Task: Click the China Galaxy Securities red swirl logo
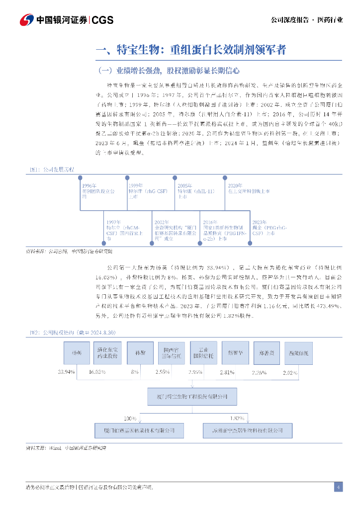pyautogui.click(x=26, y=20)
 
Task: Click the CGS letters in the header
pyautogui.click(x=102, y=20)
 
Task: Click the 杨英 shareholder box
pyautogui.click(x=77, y=352)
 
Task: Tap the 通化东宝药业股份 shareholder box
pyautogui.click(x=107, y=352)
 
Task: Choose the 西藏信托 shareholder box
pyautogui.click(x=298, y=352)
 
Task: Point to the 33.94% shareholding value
pyautogui.click(x=67, y=371)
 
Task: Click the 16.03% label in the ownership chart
pyautogui.click(x=97, y=371)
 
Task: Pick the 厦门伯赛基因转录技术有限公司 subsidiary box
pyautogui.click(x=139, y=429)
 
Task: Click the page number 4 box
pyautogui.click(x=338, y=487)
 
